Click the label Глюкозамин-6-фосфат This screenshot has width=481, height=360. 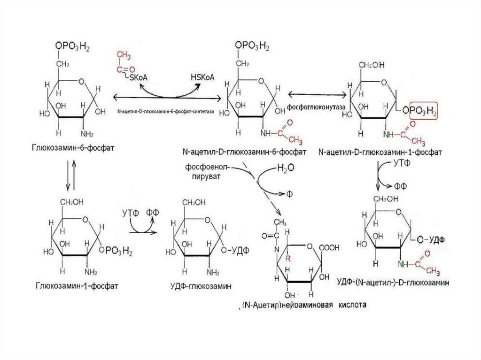tap(74, 148)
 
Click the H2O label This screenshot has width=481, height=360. tap(286, 168)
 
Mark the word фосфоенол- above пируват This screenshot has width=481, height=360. tap(202, 167)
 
